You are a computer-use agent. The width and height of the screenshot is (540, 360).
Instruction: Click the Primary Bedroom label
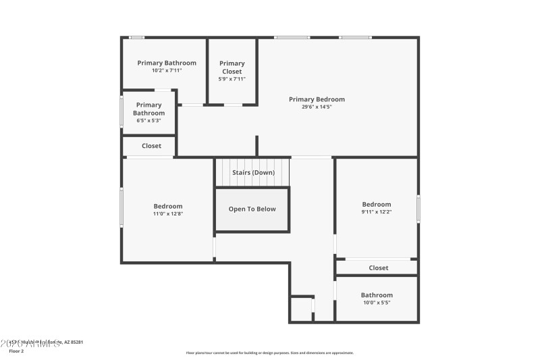pyautogui.click(x=317, y=99)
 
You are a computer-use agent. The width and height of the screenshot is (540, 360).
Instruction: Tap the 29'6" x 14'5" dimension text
pyautogui.click(x=317, y=107)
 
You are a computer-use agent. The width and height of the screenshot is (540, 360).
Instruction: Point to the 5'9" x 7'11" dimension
pyautogui.click(x=232, y=79)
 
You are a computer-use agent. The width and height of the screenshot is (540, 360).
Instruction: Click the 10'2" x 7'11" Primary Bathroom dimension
pyautogui.click(x=167, y=70)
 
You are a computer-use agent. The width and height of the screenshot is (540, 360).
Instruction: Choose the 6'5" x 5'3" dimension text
pyautogui.click(x=148, y=121)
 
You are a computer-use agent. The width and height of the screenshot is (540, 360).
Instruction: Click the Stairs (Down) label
pyautogui.click(x=253, y=172)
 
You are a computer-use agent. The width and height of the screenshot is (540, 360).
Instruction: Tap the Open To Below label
pyautogui.click(x=252, y=209)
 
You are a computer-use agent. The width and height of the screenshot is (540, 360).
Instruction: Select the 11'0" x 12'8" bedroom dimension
pyautogui.click(x=167, y=213)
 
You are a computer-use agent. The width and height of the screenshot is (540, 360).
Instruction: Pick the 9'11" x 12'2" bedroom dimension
pyautogui.click(x=376, y=212)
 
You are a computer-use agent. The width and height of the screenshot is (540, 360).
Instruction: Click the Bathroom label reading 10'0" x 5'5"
pyautogui.click(x=376, y=295)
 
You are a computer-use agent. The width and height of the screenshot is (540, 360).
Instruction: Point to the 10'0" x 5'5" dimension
pyautogui.click(x=376, y=303)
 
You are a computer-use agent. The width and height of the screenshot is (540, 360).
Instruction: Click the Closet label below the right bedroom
pyautogui.click(x=378, y=268)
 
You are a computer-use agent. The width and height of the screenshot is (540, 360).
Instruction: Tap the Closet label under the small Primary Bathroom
pyautogui.click(x=151, y=146)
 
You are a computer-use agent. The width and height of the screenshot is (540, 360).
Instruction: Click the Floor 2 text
pyautogui.click(x=16, y=351)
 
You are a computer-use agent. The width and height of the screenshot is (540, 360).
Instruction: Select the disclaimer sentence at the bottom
pyautogui.click(x=269, y=353)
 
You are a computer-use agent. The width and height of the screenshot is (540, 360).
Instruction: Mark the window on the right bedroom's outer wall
pyautogui.click(x=418, y=209)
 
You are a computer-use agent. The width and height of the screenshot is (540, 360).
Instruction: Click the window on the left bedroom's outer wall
pyautogui.click(x=122, y=207)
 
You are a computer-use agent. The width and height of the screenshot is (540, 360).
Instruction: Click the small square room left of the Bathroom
pyautogui.click(x=301, y=309)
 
